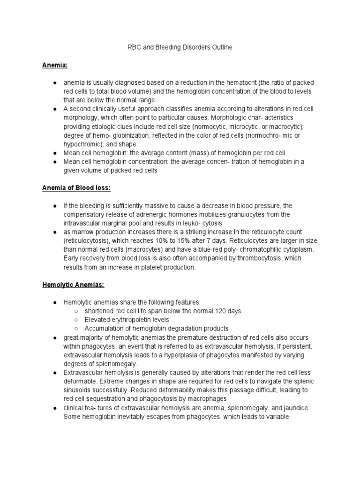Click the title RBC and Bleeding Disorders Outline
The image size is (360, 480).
tap(180, 47)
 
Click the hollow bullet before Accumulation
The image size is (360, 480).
tap(76, 329)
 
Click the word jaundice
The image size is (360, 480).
tap(299, 407)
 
